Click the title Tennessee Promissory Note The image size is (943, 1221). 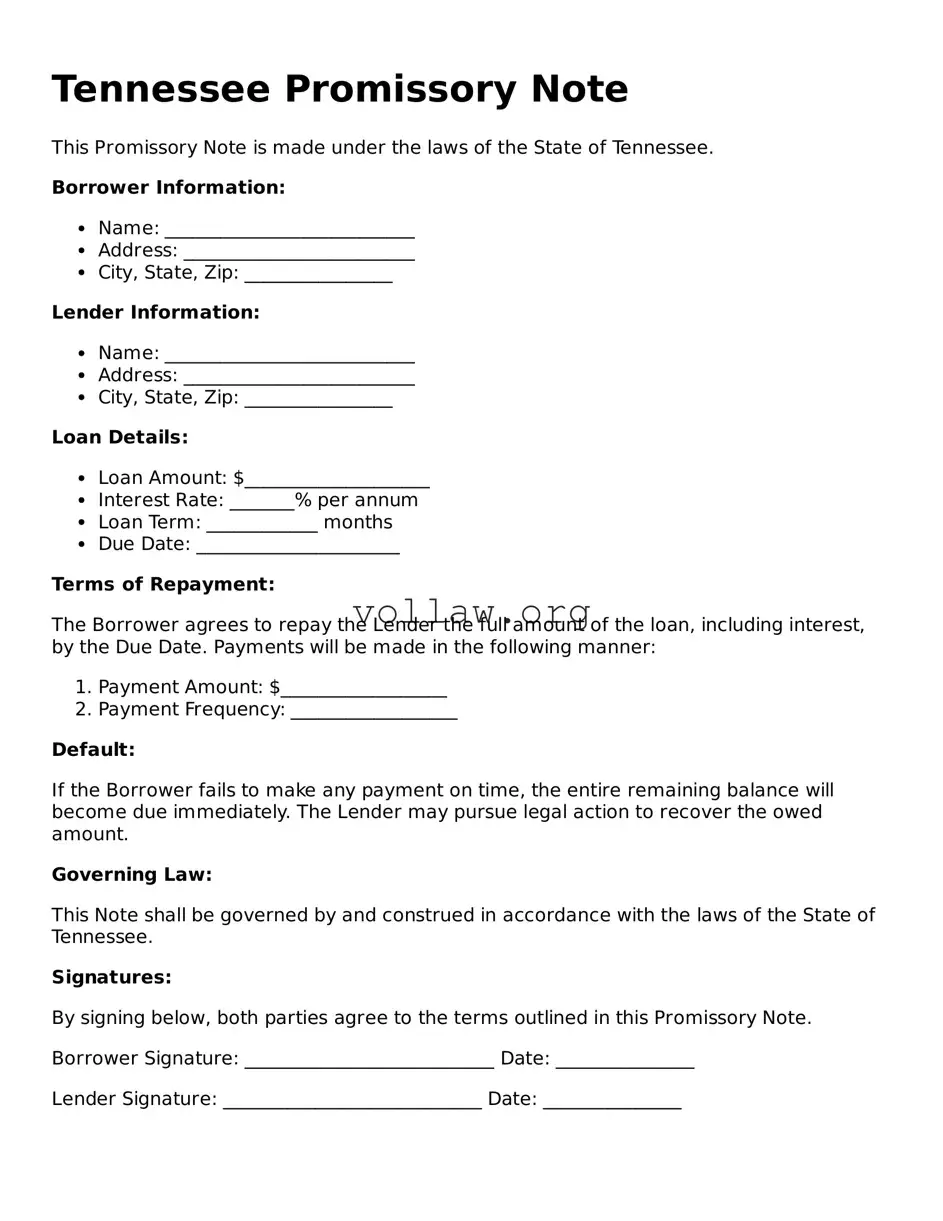[x=340, y=90]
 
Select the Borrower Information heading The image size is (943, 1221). [x=168, y=188]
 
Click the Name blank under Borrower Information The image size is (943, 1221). [x=289, y=230]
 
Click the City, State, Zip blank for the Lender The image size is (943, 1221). [x=318, y=399]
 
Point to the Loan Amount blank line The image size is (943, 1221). [x=337, y=480]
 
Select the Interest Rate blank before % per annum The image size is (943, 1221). [x=262, y=502]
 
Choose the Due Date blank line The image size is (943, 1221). [x=298, y=546]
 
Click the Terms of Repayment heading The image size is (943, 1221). [x=163, y=585]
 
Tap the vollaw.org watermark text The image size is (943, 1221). [x=472, y=612]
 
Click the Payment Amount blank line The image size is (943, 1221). [x=364, y=689]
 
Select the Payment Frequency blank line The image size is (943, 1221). [x=374, y=711]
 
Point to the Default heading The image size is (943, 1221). [x=93, y=750]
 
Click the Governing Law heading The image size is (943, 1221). [x=132, y=875]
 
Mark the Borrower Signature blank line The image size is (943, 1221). [x=369, y=1060]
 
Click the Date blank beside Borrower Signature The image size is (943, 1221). [x=625, y=1060]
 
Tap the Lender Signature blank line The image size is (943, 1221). [x=352, y=1101]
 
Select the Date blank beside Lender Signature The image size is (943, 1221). [x=612, y=1101]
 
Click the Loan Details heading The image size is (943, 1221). [x=120, y=438]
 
